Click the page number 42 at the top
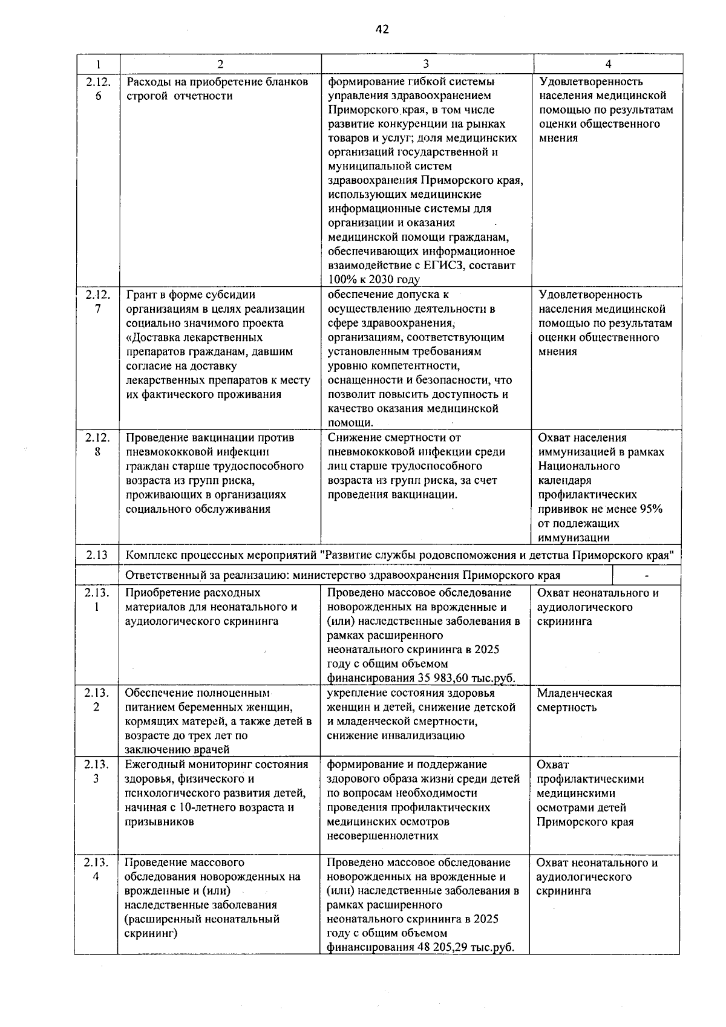(381, 29)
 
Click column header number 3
(427, 64)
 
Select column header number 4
(608, 64)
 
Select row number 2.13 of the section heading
(97, 555)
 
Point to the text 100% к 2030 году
(373, 279)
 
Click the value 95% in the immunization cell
(651, 509)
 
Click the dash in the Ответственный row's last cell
(646, 575)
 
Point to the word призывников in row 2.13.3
(160, 822)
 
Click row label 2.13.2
(96, 700)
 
